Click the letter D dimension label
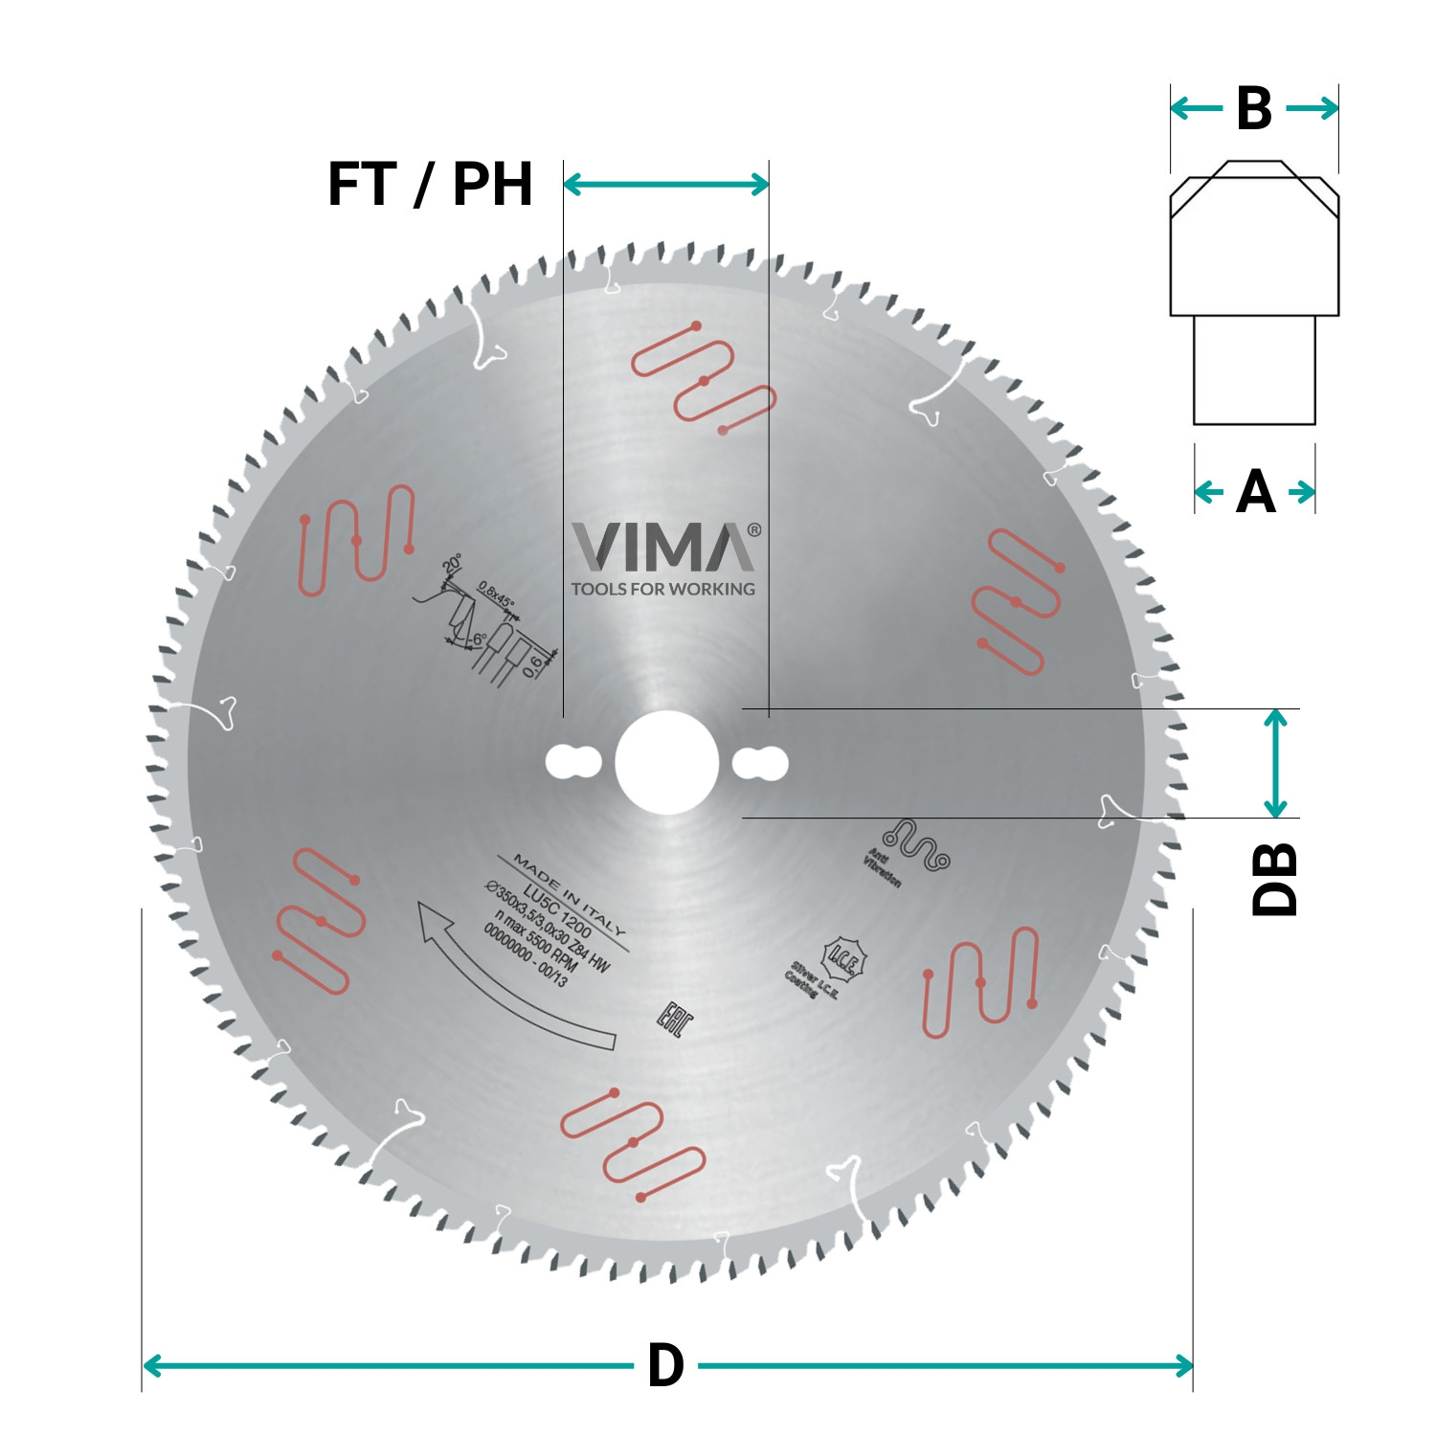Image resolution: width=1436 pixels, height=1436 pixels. [x=665, y=1365]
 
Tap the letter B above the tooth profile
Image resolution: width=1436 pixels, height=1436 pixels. [x=1254, y=108]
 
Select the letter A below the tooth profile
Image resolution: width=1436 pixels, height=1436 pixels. [x=1255, y=492]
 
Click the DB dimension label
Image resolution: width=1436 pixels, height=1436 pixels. [x=1274, y=879]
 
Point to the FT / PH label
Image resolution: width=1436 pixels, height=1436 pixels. [x=430, y=184]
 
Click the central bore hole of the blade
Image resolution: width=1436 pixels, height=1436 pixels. [x=666, y=763]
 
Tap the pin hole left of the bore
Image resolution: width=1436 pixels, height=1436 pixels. [x=572, y=763]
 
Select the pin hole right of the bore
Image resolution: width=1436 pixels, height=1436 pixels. [x=760, y=764]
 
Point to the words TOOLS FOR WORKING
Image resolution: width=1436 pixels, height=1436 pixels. [x=663, y=590]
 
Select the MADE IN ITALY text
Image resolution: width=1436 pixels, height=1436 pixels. [x=570, y=895]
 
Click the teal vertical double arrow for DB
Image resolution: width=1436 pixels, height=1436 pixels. [x=1274, y=763]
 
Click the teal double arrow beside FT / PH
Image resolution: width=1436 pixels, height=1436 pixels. [x=666, y=184]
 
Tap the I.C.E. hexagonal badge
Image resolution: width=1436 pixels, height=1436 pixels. [x=845, y=958]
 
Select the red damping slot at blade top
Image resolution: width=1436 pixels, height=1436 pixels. [x=704, y=378]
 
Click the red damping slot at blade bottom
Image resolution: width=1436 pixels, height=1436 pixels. [x=632, y=1144]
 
